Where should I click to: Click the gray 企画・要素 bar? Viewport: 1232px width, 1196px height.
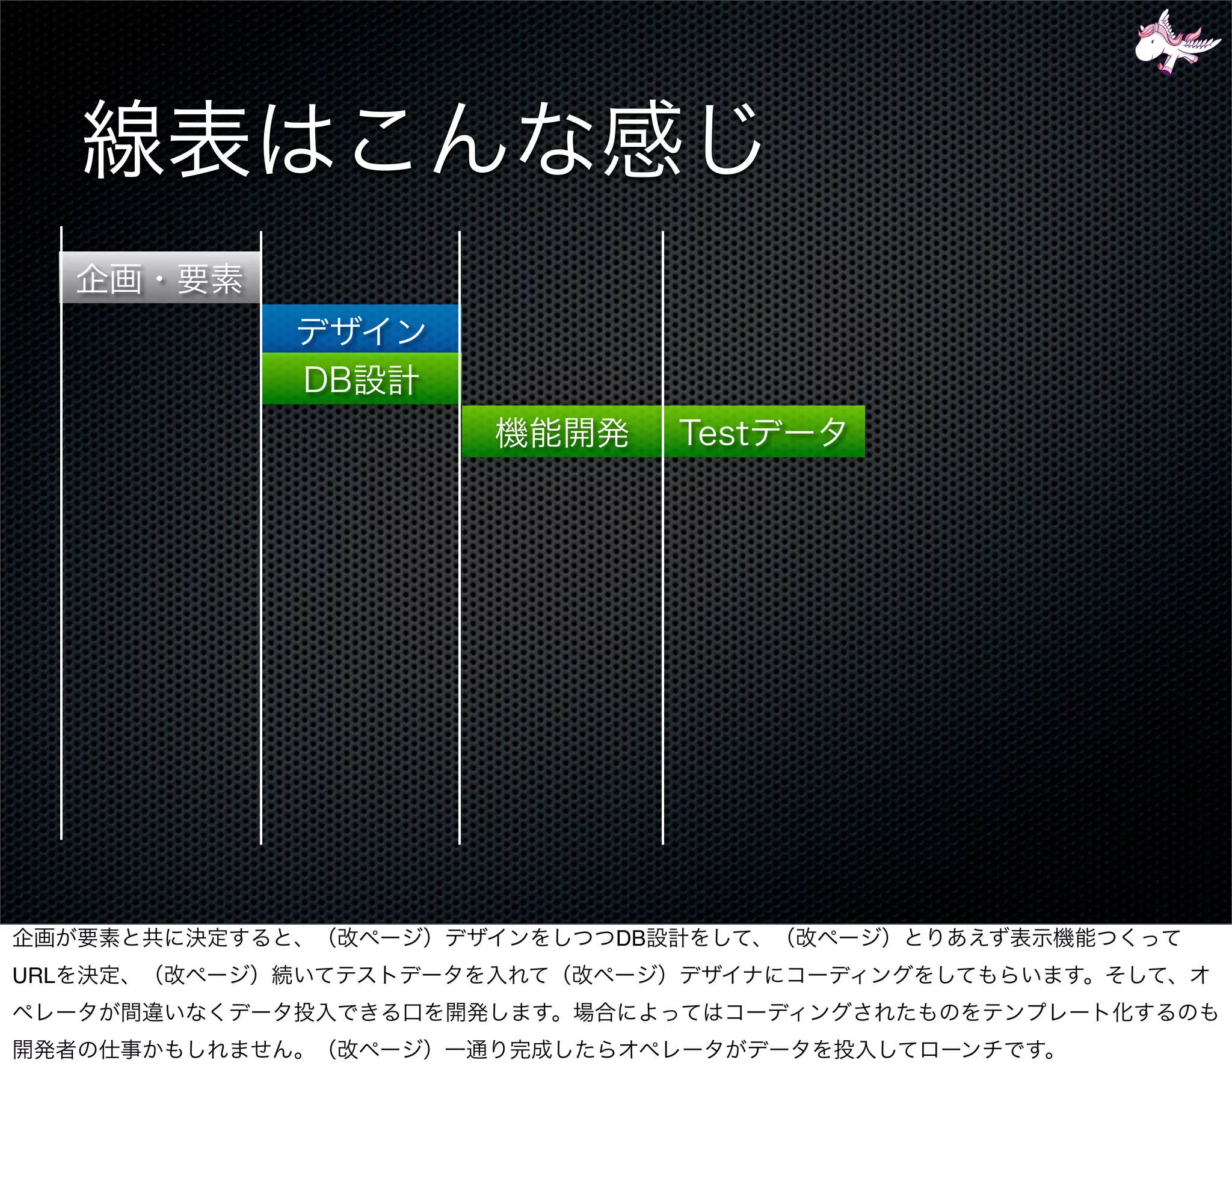[159, 278]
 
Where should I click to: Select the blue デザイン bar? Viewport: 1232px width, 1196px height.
[361, 328]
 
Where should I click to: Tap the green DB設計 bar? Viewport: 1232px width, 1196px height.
[361, 379]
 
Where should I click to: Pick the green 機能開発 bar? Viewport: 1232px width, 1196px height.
[561, 432]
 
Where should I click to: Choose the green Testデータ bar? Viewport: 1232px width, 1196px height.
[764, 432]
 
